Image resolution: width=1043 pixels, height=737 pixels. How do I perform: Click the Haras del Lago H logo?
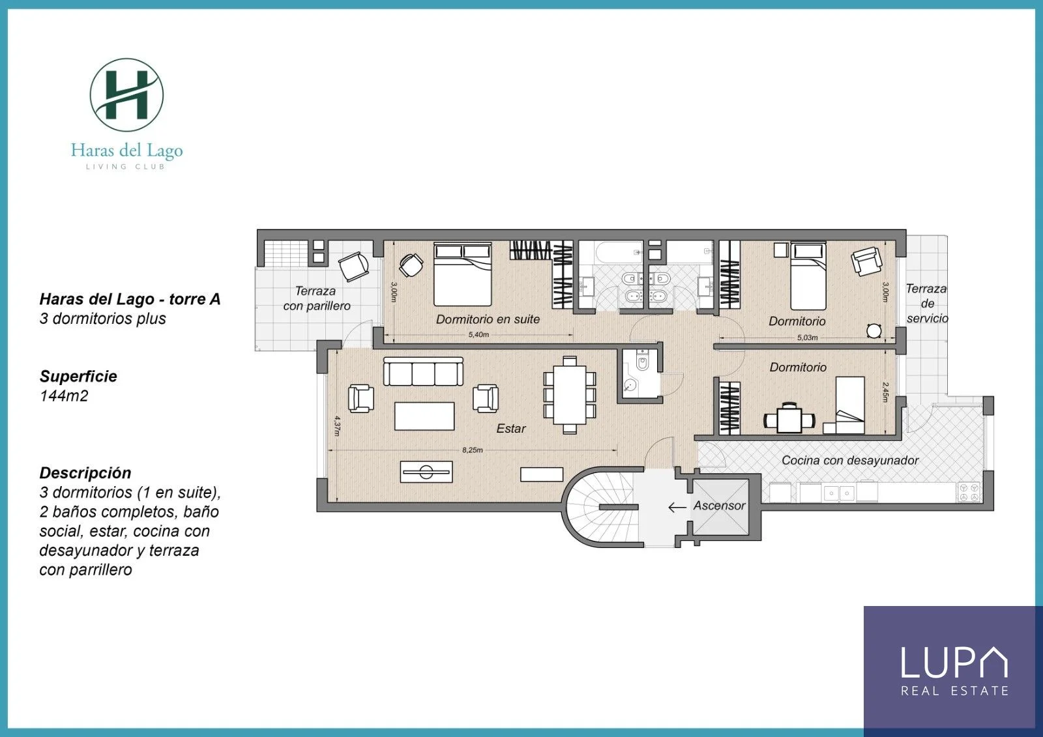pos(126,95)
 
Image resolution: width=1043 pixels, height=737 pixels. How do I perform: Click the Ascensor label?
pos(720,505)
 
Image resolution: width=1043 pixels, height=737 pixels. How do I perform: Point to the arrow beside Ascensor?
pos(677,507)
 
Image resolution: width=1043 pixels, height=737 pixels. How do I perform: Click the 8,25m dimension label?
pos(472,450)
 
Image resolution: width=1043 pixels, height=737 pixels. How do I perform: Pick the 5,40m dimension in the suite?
pos(478,334)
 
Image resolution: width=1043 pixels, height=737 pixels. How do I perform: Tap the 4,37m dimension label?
pos(337,426)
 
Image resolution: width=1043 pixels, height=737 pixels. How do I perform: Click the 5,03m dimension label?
pos(808,338)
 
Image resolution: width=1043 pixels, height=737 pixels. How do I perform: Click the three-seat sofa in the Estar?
pos(423,371)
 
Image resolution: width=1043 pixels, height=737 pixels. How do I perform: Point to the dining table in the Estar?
pos(570,395)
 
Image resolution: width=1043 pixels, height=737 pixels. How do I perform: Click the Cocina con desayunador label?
pos(850,460)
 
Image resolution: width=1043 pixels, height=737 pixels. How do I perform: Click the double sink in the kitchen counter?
pos(839,493)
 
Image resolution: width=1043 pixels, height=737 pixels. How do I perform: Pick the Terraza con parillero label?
pos(317,298)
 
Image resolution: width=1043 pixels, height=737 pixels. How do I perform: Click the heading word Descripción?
pos(85,472)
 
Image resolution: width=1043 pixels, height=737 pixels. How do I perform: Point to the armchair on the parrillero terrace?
pos(354,267)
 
